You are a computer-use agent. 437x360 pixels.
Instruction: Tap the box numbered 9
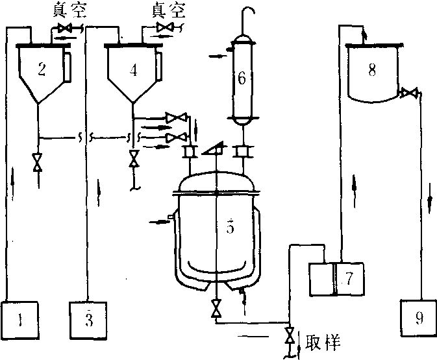417,318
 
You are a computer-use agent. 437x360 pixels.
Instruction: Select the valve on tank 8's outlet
408,93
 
